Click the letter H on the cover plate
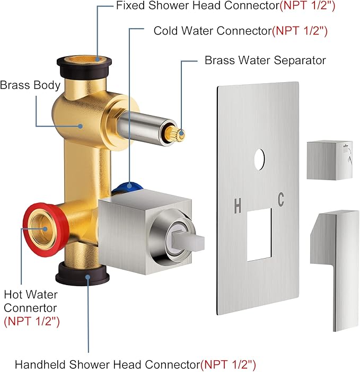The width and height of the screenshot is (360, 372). tap(238, 206)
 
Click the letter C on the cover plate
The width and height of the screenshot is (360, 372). tap(280, 200)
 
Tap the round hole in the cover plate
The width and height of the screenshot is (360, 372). tap(260, 158)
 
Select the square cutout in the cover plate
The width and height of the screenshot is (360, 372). tap(259, 234)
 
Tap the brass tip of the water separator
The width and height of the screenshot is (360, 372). tap(179, 134)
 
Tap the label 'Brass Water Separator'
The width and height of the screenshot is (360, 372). tap(265, 60)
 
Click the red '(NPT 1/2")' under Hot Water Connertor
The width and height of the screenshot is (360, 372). tap(31, 321)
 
